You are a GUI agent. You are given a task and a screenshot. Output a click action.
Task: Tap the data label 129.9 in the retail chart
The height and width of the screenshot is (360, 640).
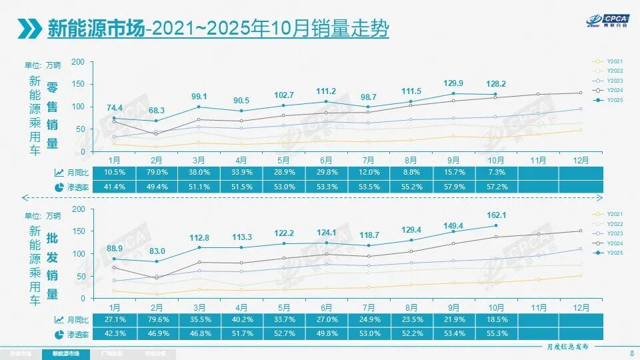coord(453,83)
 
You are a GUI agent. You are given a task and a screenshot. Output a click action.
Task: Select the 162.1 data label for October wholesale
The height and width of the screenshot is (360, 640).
coord(495,215)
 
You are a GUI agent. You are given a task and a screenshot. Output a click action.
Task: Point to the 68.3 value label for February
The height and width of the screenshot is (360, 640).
coord(155,110)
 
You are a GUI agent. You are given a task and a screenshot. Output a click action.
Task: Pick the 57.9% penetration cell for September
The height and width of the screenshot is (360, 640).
coord(453,187)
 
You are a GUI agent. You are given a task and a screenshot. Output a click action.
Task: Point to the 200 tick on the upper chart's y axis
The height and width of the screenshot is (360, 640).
coord(78,62)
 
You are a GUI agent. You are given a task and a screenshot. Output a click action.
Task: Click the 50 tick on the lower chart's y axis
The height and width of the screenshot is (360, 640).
coord(80,276)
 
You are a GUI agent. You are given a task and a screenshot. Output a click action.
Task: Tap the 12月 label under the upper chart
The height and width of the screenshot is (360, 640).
coord(581,160)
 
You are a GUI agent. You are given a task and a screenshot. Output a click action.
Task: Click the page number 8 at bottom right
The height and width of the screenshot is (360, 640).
coord(631,353)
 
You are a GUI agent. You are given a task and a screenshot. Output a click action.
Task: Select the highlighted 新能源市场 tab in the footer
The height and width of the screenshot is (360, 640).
coord(65,353)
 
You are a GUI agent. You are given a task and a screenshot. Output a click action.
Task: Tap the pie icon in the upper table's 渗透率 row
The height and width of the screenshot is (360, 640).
coord(60,187)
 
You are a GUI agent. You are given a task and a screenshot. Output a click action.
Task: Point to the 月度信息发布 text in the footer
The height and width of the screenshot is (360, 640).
coord(564,347)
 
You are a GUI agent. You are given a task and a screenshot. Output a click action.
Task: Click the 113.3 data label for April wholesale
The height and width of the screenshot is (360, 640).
coord(241,236)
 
